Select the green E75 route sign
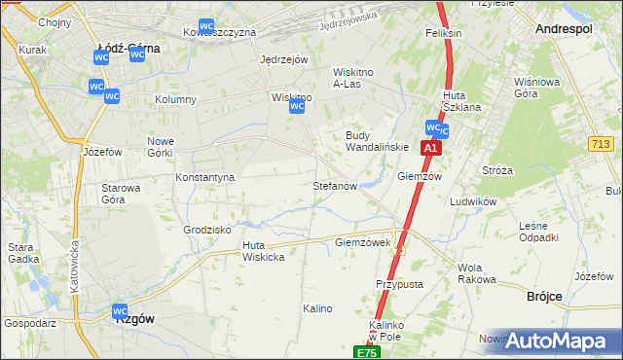(365, 352)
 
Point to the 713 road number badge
(601, 144)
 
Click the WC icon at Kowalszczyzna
(206, 27)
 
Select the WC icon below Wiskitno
(297, 108)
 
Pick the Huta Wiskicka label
(263, 251)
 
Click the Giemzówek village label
(362, 242)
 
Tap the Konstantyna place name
(204, 177)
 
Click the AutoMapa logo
(556, 340)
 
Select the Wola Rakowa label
(476, 273)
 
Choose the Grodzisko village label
(206, 230)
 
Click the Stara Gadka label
(22, 253)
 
